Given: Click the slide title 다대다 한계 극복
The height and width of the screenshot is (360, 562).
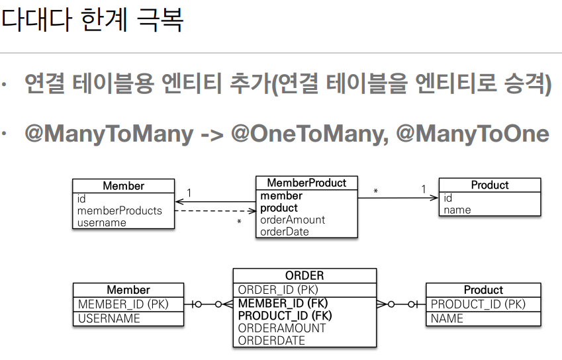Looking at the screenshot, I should [x=92, y=20].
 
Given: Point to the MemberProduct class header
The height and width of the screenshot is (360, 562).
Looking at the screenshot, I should [x=306, y=183].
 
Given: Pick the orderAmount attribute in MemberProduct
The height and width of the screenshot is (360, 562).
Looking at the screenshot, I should [x=293, y=220].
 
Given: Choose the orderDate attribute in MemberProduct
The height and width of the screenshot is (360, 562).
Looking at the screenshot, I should [x=285, y=232].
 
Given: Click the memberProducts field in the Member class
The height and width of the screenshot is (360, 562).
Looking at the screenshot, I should [x=120, y=210].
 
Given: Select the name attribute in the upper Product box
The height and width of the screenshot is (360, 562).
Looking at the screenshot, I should [x=457, y=210].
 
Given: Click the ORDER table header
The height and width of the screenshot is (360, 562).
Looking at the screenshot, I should [x=304, y=275].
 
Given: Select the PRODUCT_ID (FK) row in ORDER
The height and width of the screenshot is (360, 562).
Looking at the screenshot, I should [x=285, y=316].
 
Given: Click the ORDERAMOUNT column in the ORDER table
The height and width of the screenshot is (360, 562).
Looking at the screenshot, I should [x=282, y=328].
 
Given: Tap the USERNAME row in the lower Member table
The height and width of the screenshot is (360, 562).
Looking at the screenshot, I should [x=109, y=318].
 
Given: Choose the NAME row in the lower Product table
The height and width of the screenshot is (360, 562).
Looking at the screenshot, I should [x=447, y=318].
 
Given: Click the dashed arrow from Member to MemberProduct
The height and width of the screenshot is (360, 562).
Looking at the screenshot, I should [x=215, y=211].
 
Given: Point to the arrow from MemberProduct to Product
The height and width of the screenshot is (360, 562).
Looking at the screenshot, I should [x=398, y=197].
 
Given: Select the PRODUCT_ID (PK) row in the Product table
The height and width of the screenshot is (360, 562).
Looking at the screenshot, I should [x=478, y=304].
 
